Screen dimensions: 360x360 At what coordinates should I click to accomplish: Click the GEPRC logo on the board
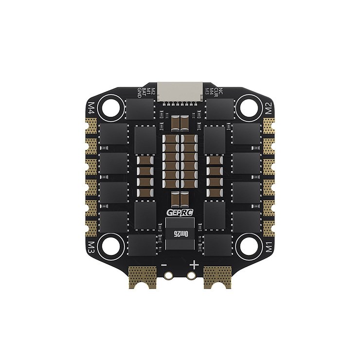(180, 213)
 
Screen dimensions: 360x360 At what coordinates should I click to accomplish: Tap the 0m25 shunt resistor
(180, 234)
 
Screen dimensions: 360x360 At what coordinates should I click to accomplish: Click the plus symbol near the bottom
(195, 265)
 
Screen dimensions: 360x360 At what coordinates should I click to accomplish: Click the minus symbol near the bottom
(164, 265)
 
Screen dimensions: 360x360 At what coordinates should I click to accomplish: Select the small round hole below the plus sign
(191, 275)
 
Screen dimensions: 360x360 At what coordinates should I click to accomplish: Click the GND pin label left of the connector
(139, 92)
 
